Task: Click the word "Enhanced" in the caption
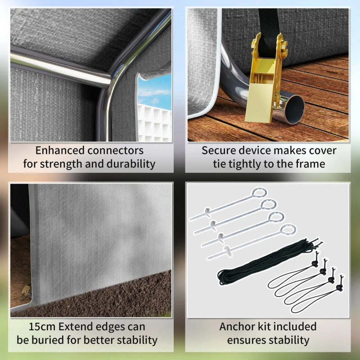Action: pos(60,151)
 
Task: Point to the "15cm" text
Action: pos(42,327)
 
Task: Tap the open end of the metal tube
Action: pos(295,109)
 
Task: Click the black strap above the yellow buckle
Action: pos(269,25)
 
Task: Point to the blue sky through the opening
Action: pos(154,91)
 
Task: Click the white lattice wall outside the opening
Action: pos(154,123)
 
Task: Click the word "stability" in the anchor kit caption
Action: pos(289,341)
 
